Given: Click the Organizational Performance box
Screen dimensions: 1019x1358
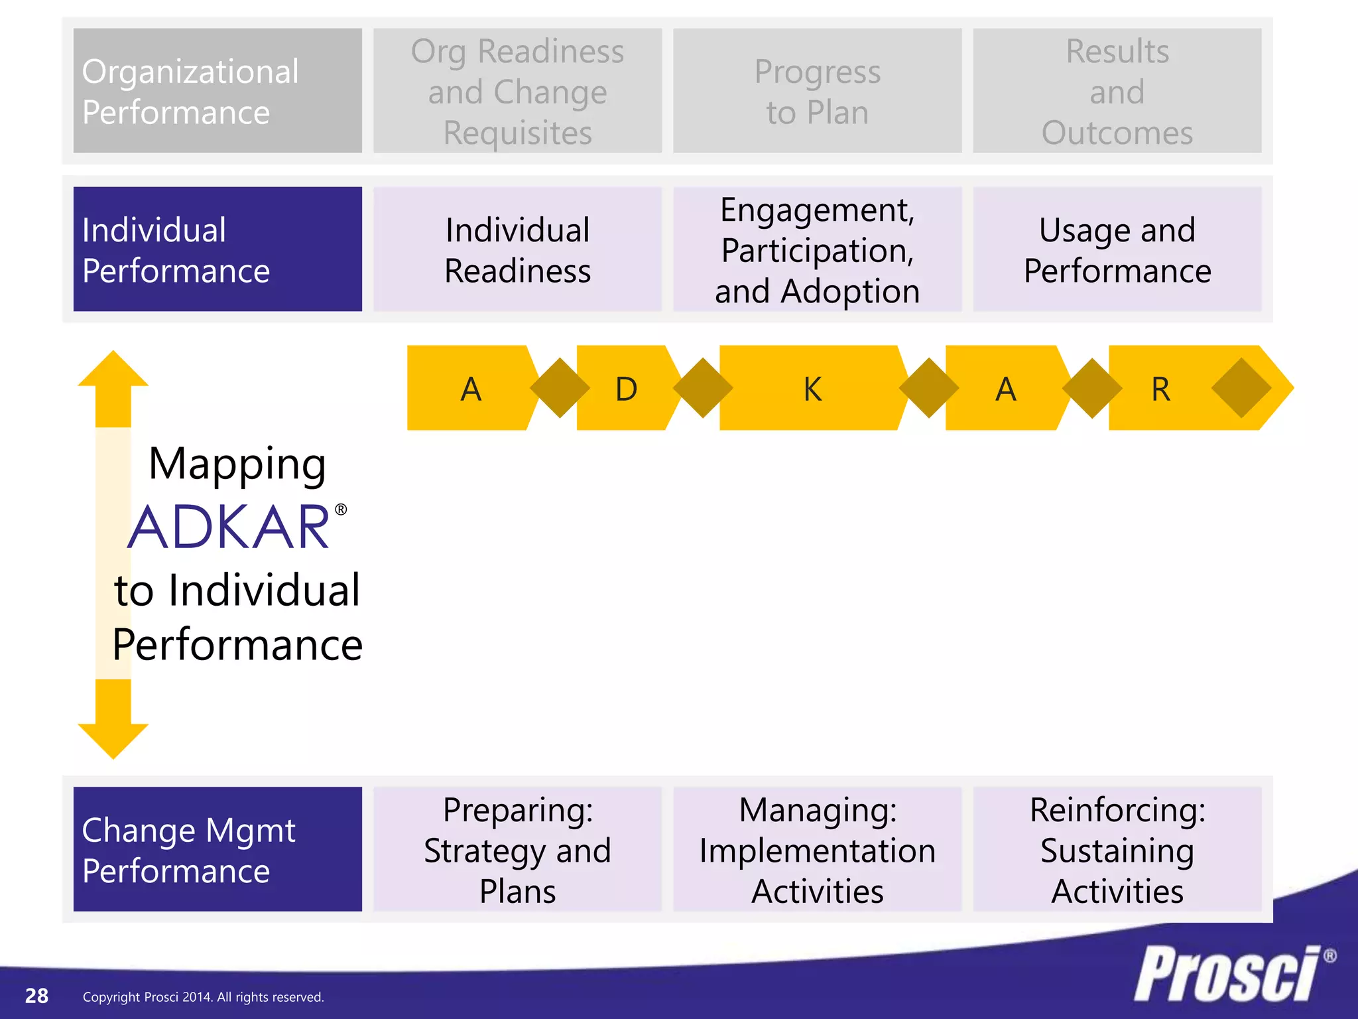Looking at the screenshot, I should pyautogui.click(x=217, y=91).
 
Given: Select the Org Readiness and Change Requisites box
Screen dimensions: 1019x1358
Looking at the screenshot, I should pyautogui.click(x=517, y=91).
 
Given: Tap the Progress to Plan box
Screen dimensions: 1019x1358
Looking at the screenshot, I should pyautogui.click(x=817, y=91).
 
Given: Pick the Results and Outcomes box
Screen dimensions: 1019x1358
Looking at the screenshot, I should pyautogui.click(x=1117, y=91).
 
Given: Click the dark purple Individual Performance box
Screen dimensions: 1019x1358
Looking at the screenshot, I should pyautogui.click(x=217, y=249).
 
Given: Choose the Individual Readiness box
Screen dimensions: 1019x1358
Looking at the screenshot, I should pyautogui.click(x=517, y=249).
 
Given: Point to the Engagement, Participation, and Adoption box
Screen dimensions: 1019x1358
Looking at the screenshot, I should pyautogui.click(x=817, y=249).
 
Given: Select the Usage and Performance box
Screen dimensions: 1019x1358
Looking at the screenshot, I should pyautogui.click(x=1117, y=249).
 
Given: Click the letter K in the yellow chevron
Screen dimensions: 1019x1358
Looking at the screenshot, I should pyautogui.click(x=812, y=389).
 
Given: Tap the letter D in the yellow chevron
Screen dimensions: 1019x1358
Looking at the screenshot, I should pyautogui.click(x=626, y=389).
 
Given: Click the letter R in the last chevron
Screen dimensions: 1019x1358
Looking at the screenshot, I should pyautogui.click(x=1160, y=389).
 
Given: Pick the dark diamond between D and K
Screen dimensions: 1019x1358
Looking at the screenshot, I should pyautogui.click(x=703, y=388).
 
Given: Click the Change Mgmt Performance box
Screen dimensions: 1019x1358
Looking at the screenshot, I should pyautogui.click(x=217, y=849).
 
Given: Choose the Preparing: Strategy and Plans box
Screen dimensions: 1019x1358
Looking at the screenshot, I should pyautogui.click(x=517, y=849).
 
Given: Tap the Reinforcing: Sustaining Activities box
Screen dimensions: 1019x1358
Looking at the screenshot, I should pyautogui.click(x=1117, y=849).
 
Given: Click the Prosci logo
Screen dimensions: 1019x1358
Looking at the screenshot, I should pyautogui.click(x=1227, y=974).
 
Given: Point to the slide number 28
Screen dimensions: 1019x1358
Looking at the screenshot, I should pyautogui.click(x=36, y=996).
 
